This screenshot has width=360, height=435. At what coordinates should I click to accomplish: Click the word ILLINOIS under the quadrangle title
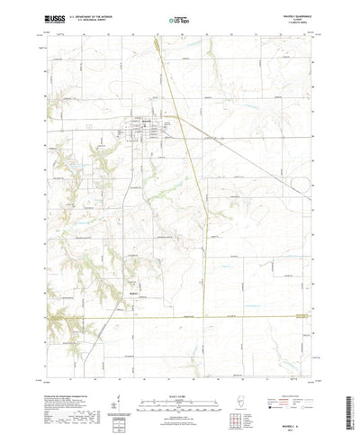[x=301, y=17]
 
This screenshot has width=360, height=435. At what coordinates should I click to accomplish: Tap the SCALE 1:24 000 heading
[x=180, y=371]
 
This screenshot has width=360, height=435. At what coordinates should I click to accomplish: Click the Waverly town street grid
[x=144, y=135]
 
